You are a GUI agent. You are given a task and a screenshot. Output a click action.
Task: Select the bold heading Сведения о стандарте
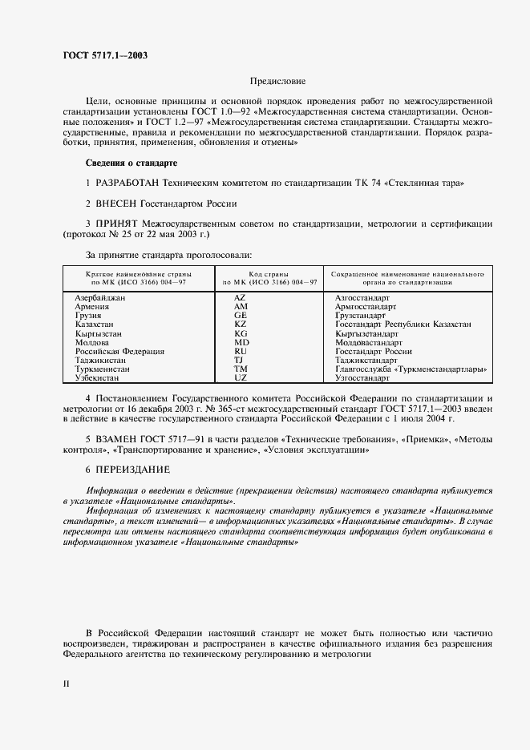pos(131,163)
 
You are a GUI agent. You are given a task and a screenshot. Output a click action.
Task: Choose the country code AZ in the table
pos(241,297)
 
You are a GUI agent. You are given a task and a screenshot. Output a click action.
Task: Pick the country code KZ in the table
pos(241,324)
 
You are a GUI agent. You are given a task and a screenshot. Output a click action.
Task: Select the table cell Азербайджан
pos(100,297)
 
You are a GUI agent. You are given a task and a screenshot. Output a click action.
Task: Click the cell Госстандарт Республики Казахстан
pos(403,324)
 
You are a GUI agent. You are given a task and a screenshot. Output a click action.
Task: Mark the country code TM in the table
pos(241,368)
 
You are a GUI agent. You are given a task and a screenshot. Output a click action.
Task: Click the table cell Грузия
pos(88,315)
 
